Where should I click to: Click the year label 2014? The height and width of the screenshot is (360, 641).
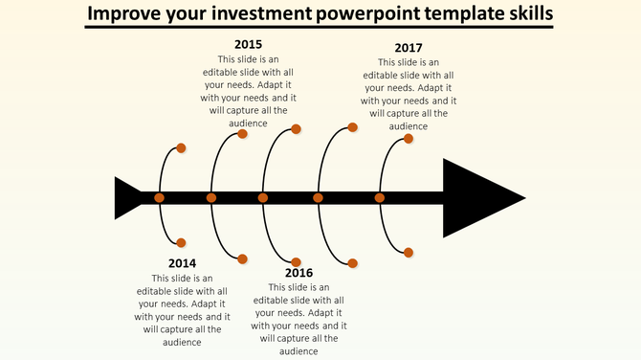pos(182,263)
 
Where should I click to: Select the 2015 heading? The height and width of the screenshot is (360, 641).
pos(248,44)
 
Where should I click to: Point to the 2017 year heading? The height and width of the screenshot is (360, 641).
pos(409,48)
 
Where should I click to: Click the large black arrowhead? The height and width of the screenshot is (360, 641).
pos(478,198)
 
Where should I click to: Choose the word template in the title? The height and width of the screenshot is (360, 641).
pos(483,15)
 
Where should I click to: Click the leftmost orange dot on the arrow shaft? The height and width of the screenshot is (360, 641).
pos(160,198)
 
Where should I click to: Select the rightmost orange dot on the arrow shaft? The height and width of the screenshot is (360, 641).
pos(380,198)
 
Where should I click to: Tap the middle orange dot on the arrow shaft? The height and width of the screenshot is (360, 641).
pos(263,198)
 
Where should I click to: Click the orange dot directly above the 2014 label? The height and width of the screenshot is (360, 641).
pos(182,243)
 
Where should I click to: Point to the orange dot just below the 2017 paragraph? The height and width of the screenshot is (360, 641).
pos(409,139)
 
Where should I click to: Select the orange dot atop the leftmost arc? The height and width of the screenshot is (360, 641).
pos(182,148)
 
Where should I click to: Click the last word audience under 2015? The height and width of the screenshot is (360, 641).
pos(248,123)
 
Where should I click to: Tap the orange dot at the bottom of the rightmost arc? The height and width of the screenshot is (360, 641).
pos(409,253)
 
